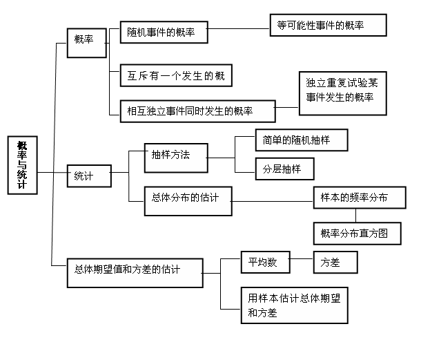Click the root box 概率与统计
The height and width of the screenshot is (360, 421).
click(23, 165)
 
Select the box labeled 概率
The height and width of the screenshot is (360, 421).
click(87, 43)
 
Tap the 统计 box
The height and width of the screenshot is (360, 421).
click(89, 176)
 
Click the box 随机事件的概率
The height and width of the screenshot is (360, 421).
click(164, 32)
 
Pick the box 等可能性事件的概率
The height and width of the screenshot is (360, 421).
click(328, 25)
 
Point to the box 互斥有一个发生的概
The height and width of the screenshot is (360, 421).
click(176, 75)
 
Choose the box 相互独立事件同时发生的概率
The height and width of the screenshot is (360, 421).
click(198, 111)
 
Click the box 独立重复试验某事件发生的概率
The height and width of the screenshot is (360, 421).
click(343, 93)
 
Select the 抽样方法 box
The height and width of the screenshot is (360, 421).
click(176, 158)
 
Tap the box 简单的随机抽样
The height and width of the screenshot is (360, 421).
click(302, 140)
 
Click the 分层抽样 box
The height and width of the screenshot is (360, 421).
click(284, 169)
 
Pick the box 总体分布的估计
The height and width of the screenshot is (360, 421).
click(188, 201)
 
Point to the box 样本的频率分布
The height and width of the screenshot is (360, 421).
click(360, 198)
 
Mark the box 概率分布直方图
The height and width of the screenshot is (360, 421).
click(358, 234)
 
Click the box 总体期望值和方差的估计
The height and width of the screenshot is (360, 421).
click(135, 273)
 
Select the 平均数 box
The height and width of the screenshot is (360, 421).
click(266, 262)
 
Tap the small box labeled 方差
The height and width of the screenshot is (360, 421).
click(335, 262)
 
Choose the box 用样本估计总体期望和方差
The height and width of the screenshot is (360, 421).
click(295, 305)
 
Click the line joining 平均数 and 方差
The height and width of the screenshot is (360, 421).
click(302, 259)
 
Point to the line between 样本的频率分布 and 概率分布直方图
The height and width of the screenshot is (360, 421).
click(356, 216)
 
